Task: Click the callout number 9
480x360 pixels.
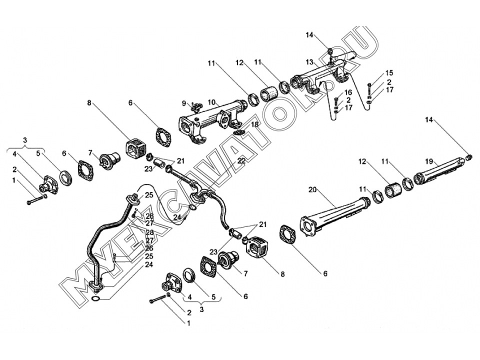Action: click(x=184, y=103)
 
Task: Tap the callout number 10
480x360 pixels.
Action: click(x=212, y=101)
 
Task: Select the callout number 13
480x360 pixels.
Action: click(x=310, y=62)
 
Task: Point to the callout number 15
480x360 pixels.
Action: click(x=389, y=73)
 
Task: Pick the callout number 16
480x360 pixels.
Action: click(x=348, y=92)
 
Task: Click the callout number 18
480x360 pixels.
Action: click(x=254, y=124)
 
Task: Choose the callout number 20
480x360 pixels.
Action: click(x=312, y=190)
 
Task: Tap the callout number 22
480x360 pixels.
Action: click(x=241, y=161)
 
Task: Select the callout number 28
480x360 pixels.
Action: click(x=149, y=232)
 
